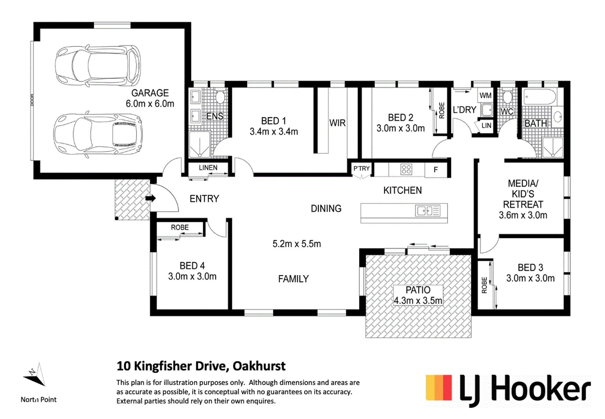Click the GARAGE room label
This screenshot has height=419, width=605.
[x=150, y=93]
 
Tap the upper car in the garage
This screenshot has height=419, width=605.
[x=98, y=66]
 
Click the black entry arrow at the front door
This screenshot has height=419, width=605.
[x=151, y=198]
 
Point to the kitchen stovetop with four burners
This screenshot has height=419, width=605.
[x=406, y=170]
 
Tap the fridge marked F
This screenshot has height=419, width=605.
[x=436, y=170]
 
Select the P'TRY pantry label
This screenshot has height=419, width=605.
[x=361, y=168]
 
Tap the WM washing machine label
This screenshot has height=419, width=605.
[x=486, y=95]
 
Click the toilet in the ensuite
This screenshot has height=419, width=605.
[x=220, y=97]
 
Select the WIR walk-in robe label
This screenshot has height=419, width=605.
[x=337, y=123]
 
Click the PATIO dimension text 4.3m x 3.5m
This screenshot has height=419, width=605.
[x=418, y=301]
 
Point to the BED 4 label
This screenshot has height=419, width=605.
[x=192, y=266]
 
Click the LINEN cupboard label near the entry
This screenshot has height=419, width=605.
[x=208, y=168]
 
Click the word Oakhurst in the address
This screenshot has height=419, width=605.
[x=259, y=366]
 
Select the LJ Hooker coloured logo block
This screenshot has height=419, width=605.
[x=439, y=387]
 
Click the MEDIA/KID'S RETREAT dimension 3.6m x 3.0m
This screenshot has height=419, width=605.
[x=523, y=215]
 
